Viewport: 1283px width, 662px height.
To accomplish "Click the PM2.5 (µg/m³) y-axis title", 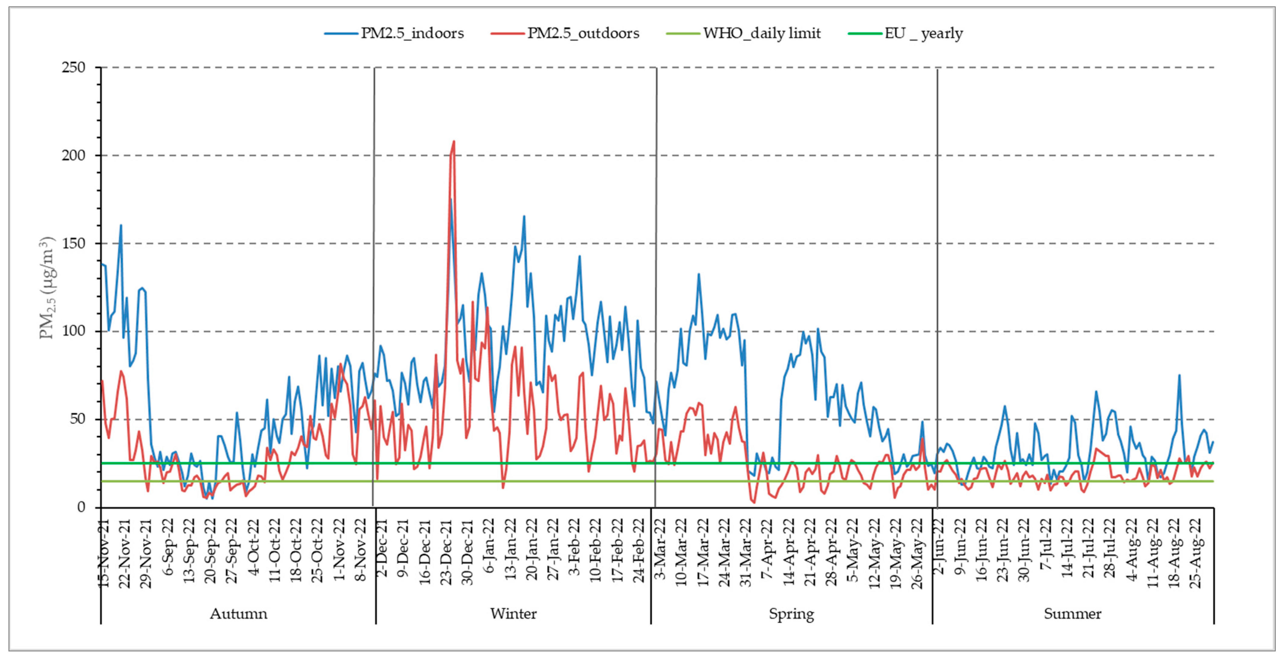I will [48, 287].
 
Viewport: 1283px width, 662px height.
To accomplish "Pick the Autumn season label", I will [238, 613].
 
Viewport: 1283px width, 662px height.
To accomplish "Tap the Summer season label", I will [1072, 613].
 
